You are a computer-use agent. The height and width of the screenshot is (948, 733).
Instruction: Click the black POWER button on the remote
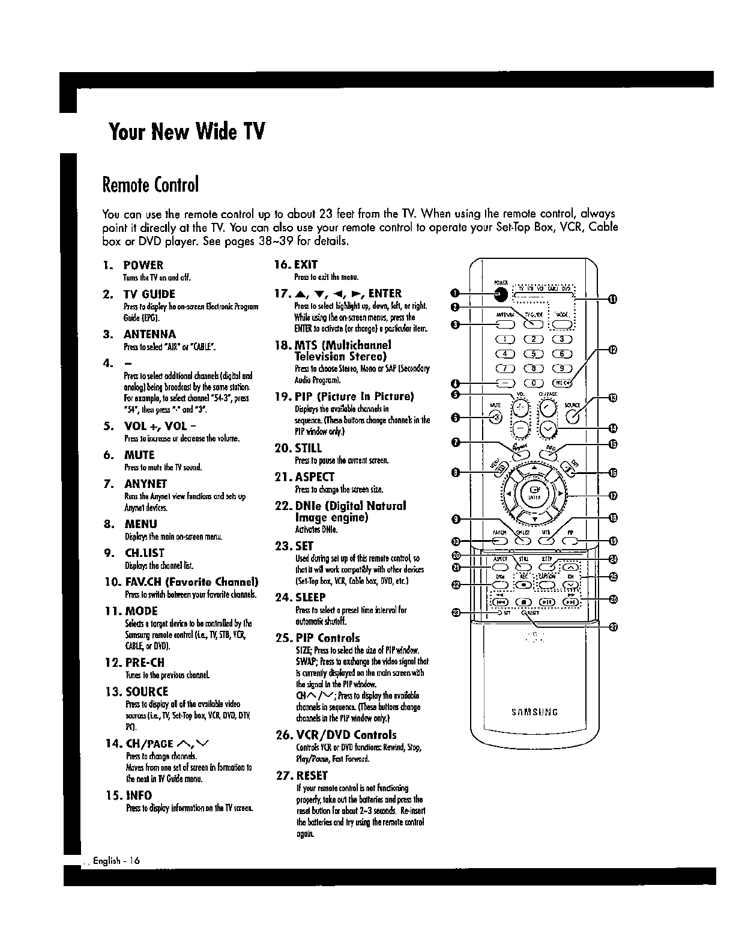click(501, 294)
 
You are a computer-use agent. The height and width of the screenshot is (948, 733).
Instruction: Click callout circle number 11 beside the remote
click(613, 300)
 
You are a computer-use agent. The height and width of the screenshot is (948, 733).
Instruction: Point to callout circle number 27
click(613, 628)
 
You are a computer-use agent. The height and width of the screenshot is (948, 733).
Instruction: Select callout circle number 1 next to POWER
click(456, 293)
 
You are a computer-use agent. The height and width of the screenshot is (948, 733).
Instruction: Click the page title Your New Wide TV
click(187, 130)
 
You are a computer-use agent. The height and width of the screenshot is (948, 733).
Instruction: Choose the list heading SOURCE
click(146, 691)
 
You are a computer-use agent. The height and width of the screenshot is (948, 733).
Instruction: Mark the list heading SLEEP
click(310, 597)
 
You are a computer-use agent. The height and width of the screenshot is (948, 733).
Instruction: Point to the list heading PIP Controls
click(327, 638)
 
